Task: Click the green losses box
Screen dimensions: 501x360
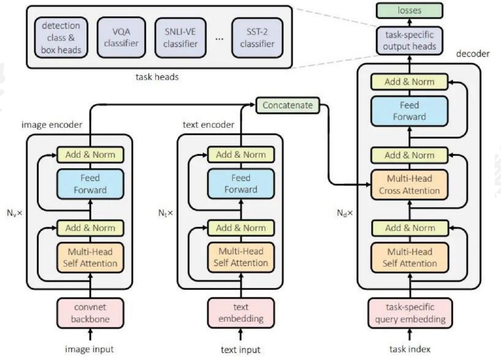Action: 410,11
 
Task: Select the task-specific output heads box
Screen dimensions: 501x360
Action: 410,41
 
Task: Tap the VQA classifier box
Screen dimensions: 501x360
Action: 121,38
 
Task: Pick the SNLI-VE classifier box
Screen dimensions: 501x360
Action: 180,38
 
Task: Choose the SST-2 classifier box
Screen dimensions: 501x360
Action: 257,38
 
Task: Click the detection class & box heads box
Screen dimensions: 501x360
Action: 61,38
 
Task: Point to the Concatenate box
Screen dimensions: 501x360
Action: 287,105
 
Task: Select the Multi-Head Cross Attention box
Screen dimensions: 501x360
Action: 410,185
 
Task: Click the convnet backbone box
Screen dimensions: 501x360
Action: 90,313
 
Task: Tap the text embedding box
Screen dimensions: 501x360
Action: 241,313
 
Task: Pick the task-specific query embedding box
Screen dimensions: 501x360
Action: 410,313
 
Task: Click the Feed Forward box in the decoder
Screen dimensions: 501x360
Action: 410,111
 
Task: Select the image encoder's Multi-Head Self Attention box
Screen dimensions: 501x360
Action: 90,257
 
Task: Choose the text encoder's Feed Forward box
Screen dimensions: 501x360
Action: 241,184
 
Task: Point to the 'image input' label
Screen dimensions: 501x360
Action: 89,349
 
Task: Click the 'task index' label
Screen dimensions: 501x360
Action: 410,349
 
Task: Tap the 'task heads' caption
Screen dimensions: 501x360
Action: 157,77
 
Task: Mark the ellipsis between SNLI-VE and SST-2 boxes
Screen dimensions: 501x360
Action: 219,39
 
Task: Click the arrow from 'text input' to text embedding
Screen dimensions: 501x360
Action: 240,334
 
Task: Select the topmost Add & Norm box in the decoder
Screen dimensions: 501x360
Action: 410,82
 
